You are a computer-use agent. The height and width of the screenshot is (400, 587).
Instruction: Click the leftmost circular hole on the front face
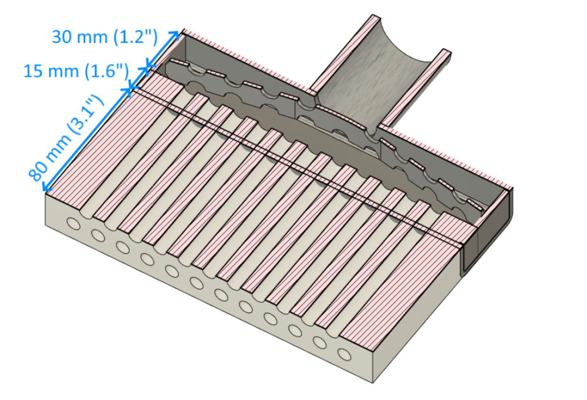tap(73, 224)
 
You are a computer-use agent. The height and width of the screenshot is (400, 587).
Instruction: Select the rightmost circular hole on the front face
tap(345, 355)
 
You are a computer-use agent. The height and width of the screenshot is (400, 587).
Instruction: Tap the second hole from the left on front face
tap(97, 235)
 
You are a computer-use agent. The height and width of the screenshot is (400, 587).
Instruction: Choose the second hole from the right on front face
tap(320, 342)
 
